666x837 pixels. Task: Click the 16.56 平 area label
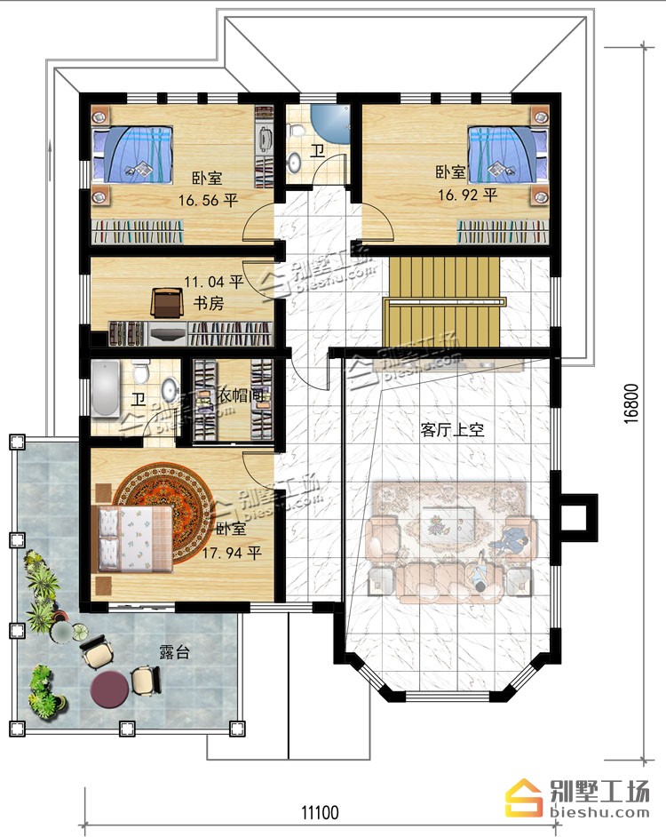click(208, 201)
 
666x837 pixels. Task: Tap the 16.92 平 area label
click(468, 195)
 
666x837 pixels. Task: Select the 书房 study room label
click(208, 303)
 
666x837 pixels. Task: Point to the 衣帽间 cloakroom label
click(239, 395)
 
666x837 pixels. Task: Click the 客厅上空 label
click(452, 430)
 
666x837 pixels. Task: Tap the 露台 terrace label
click(175, 652)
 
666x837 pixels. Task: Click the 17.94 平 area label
click(232, 553)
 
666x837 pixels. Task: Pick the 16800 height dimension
click(630, 403)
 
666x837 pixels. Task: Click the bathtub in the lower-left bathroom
click(106, 388)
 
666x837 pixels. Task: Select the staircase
click(445, 302)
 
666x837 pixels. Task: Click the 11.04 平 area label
click(213, 282)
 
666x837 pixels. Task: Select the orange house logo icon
click(525, 798)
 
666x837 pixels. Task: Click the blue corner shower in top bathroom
click(330, 124)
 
